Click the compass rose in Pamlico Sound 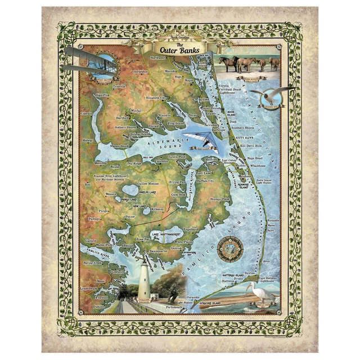[x=231, y=247]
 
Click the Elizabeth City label [x=156, y=98]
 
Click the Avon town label [x=267, y=261]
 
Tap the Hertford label [x=122, y=118]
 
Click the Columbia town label [x=161, y=161]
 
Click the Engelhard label [x=191, y=229]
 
